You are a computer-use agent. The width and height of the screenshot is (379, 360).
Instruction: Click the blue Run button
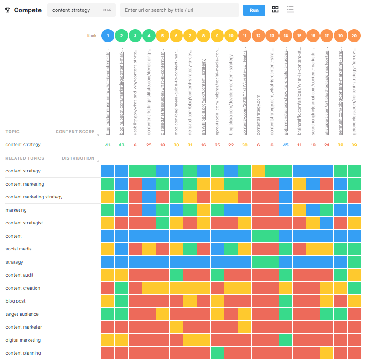pyautogui.click(x=254, y=10)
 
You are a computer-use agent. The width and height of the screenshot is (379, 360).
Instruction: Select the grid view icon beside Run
pyautogui.click(x=275, y=10)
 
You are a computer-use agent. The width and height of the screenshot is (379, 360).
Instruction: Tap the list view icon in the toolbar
pyautogui.click(x=290, y=10)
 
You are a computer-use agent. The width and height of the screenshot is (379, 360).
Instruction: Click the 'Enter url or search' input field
pyautogui.click(x=179, y=10)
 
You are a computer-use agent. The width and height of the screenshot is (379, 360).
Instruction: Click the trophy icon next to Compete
pyautogui.click(x=8, y=10)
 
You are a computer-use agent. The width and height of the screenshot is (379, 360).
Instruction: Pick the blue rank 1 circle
pyautogui.click(x=108, y=35)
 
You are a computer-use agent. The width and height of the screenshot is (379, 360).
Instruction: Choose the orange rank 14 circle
pyautogui.click(x=286, y=35)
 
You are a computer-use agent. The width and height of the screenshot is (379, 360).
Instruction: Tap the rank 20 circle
pyautogui.click(x=354, y=35)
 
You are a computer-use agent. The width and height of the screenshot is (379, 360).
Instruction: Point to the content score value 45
pyautogui.click(x=286, y=145)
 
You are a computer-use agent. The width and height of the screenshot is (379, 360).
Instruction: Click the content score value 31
pyautogui.click(x=190, y=145)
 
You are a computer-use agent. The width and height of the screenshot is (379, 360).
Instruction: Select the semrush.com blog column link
pyautogui.click(x=341, y=96)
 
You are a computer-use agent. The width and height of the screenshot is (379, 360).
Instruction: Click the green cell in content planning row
pyautogui.click(x=217, y=354)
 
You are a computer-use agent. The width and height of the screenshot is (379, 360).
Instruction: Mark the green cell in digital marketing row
pyautogui.click(x=286, y=340)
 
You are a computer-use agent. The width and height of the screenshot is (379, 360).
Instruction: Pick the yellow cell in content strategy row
pyautogui.click(x=258, y=171)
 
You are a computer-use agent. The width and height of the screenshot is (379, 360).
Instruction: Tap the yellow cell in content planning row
pyautogui.click(x=327, y=354)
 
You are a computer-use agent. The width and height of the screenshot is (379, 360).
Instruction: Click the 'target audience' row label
pyautogui.click(x=22, y=314)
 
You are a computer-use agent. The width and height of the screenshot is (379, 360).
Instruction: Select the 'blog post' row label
pyautogui.click(x=16, y=301)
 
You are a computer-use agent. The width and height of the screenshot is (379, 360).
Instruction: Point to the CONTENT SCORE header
pyautogui.click(x=75, y=132)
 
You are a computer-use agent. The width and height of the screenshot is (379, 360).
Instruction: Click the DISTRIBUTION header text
pyautogui.click(x=78, y=158)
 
